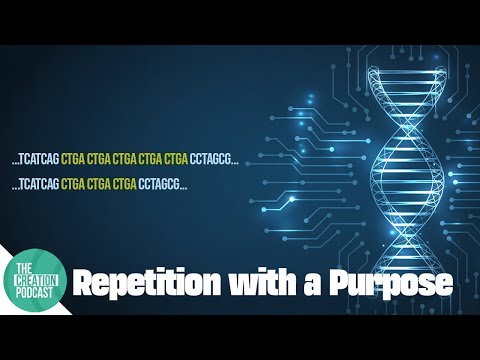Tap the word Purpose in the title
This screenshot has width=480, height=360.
coord(394,284)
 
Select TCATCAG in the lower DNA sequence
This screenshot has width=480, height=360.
coord(39,185)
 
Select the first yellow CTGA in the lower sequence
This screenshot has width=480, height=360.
coord(72,185)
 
